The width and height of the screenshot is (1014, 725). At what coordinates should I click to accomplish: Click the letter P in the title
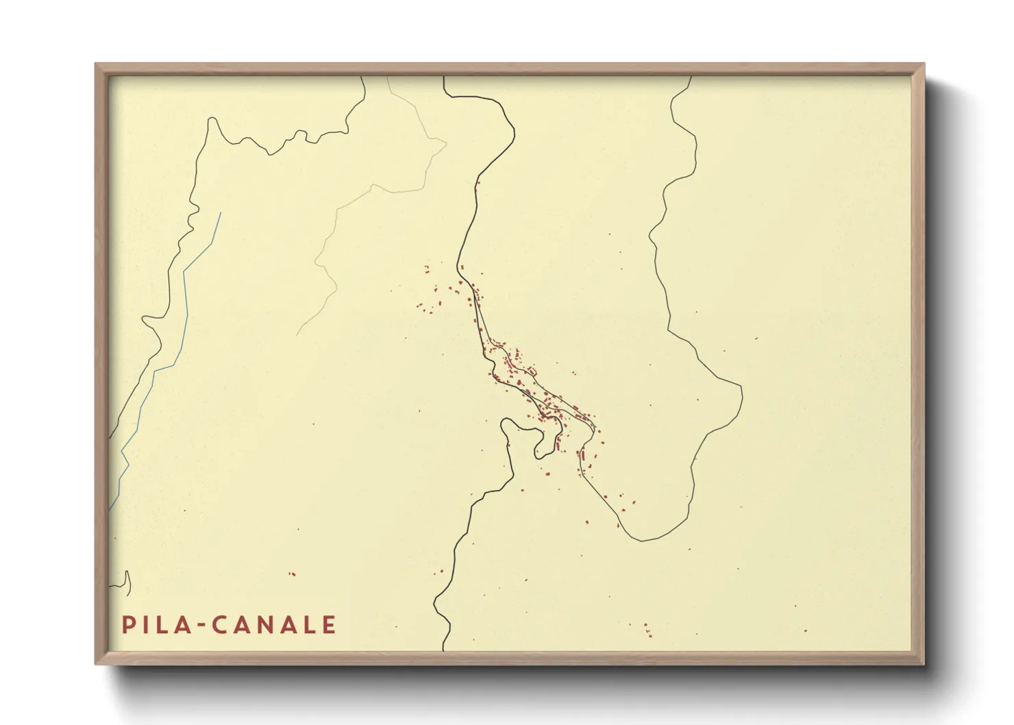[x=127, y=625]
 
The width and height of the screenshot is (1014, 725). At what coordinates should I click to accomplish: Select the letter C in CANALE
[x=219, y=625]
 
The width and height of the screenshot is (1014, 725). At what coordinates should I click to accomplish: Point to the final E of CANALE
[x=329, y=625]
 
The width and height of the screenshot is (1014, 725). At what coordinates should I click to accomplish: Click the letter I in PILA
[x=145, y=625]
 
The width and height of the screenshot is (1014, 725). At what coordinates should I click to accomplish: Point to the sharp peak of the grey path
[x=446, y=143]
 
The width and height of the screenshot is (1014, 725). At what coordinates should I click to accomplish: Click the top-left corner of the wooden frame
[x=97, y=65]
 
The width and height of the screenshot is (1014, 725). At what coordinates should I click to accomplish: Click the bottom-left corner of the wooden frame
[x=97, y=663]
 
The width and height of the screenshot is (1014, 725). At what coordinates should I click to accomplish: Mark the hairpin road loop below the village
[x=541, y=442]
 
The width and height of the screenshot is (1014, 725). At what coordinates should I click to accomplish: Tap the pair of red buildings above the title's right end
[x=292, y=574]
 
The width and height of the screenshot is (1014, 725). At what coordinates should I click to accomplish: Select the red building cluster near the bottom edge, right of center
[x=647, y=630]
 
